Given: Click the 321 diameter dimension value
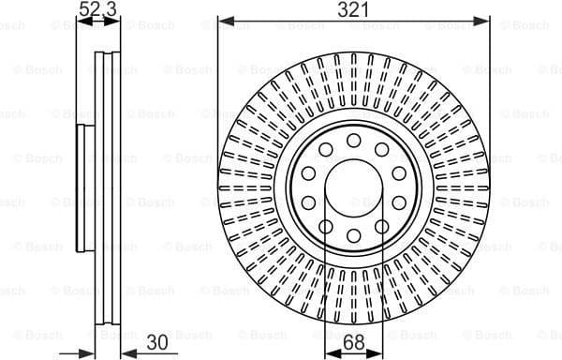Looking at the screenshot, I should tap(354, 9).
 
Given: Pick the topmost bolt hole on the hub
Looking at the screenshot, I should tap(354, 140).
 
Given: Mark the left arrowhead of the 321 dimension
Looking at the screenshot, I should tap(224, 20).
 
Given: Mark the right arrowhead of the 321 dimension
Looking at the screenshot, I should tap(484, 20).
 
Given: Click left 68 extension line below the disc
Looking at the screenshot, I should tap(325, 319).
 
